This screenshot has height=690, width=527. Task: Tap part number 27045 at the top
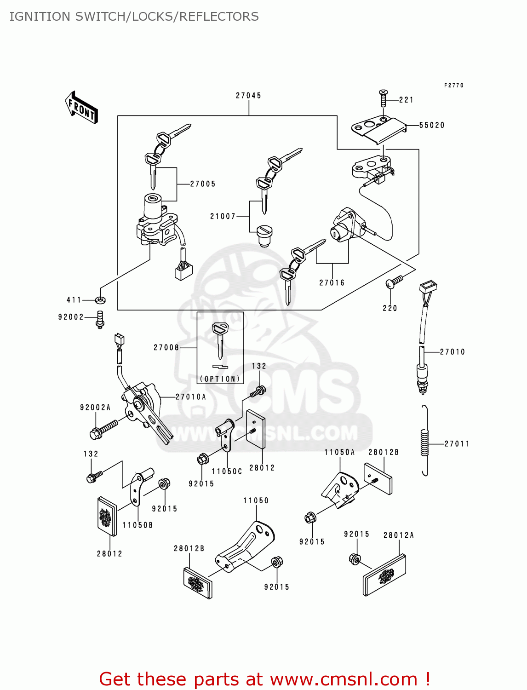coord(248,96)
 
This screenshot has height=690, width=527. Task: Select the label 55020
coord(432,125)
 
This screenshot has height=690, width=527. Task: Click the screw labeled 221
coord(383,98)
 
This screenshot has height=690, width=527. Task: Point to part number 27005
coord(203,184)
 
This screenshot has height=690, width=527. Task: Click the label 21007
coord(223,216)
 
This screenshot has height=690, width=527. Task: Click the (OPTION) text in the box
coord(220,379)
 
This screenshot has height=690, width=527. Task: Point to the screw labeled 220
coord(394,282)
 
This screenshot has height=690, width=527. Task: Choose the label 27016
coord(332,283)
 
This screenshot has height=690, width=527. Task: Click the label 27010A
coord(191,397)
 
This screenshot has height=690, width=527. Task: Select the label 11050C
coord(227,471)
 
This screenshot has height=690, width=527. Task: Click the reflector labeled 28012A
coord(384,575)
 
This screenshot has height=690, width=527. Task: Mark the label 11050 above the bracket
coord(256,500)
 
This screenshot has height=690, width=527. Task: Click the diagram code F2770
coord(453,86)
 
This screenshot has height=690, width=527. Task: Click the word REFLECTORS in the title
coord(219,17)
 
